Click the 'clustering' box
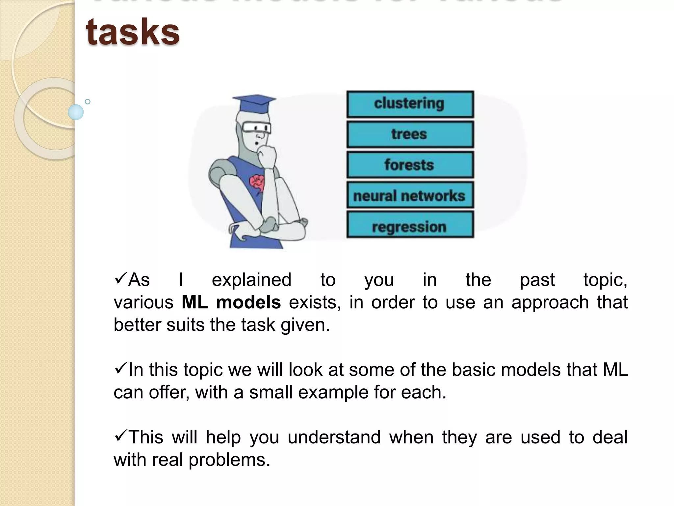tap(410, 104)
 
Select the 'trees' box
tap(410, 134)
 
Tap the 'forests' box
tap(410, 165)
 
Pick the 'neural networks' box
tap(410, 196)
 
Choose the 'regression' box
tap(410, 226)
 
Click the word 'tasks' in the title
tap(133, 31)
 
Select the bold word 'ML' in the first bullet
tap(194, 302)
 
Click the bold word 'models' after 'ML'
tap(248, 302)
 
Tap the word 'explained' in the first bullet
tap(251, 280)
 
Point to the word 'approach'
tap(550, 302)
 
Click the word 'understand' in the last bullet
tap(334, 437)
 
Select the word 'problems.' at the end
tap(229, 460)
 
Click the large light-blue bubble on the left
tap(76, 112)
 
